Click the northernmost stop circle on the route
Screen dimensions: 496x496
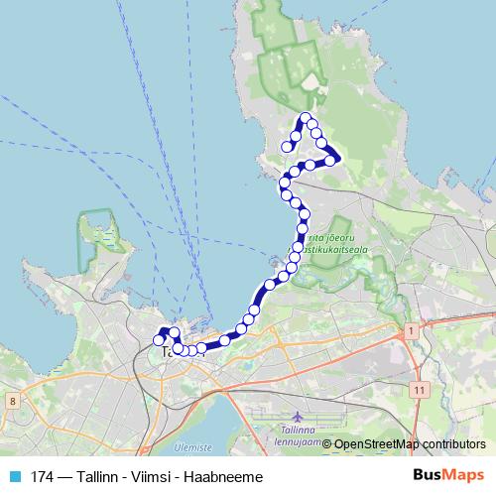pyautogui.click(x=305, y=118)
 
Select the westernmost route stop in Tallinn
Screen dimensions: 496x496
pyautogui.click(x=159, y=340)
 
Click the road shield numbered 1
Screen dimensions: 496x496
pyautogui.click(x=409, y=328)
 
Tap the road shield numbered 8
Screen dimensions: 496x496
pyautogui.click(x=12, y=401)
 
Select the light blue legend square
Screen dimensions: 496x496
pyautogui.click(x=14, y=476)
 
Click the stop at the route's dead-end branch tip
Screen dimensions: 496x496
pyautogui.click(x=288, y=147)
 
